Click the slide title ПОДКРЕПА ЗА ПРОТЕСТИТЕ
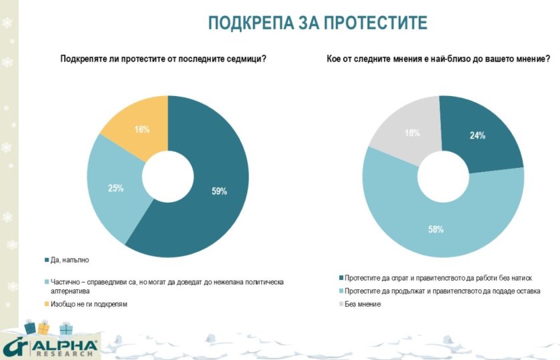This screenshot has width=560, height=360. click(x=317, y=23)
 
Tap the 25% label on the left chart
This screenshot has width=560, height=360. click(x=116, y=189)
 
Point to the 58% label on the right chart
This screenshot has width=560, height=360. click(x=436, y=229)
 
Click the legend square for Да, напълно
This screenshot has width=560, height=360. click(x=46, y=260)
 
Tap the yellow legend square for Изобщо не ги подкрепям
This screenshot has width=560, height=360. click(x=46, y=304)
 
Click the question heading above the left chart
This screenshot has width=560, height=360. click(x=163, y=59)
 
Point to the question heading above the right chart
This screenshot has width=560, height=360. click(x=438, y=59)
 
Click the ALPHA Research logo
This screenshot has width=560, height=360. click(x=50, y=345)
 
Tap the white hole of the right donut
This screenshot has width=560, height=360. click(x=442, y=177)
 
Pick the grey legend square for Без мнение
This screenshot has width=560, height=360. click(x=341, y=305)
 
